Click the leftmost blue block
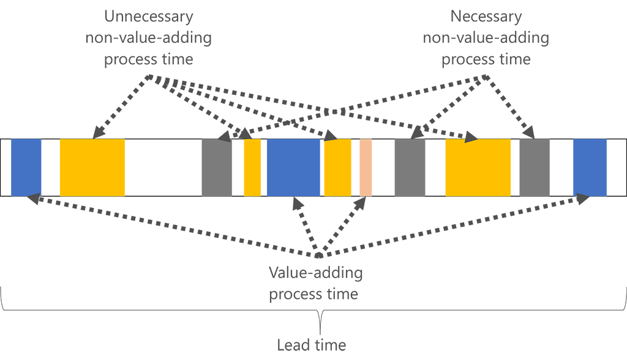coord(26,168)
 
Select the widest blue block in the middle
coord(293,168)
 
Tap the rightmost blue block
coord(590,168)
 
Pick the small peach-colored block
coord(366,168)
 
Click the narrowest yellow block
coord(252,168)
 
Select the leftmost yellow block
coord(92,168)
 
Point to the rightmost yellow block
coord(478,168)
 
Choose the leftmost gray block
coord(217,168)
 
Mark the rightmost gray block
coord(535,168)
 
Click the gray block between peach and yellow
coord(410,168)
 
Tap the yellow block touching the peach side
coord(337,168)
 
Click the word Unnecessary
coord(148,17)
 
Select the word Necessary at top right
coord(486,17)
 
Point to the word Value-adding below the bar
coord(316,273)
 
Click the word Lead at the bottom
coord(293,345)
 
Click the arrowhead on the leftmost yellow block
coord(97,134)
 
